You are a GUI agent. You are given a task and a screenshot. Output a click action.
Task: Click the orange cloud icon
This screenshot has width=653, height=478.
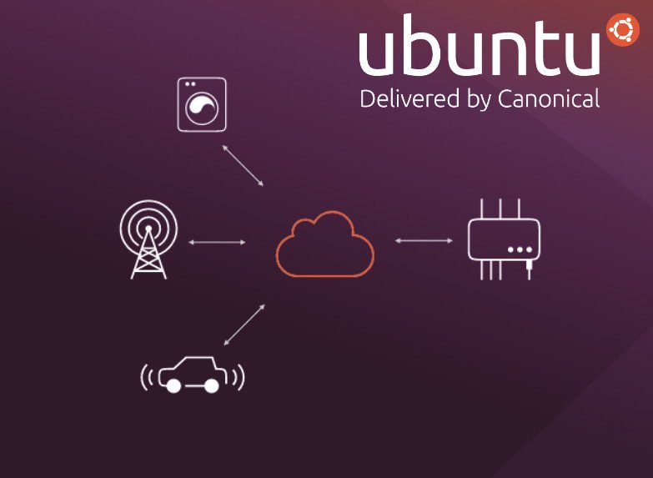coord(324,244)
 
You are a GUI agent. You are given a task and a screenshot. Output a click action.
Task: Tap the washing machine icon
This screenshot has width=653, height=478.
coord(202,104)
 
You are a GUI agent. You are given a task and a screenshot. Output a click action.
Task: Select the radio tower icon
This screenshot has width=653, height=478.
coord(148,239)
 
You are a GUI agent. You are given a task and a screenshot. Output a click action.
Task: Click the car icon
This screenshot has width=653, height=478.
coord(192,375)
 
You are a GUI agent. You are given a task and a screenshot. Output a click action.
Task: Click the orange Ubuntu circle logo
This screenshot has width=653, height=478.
coord(622,30)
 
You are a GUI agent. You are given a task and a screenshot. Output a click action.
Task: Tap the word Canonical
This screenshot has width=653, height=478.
coord(548,98)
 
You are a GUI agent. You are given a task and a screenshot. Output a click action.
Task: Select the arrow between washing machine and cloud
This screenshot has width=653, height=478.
coord(244,165)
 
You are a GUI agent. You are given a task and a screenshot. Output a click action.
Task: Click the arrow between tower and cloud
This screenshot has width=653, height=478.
coord(217,242)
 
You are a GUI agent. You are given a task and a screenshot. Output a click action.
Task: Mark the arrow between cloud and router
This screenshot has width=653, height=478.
coord(424,240)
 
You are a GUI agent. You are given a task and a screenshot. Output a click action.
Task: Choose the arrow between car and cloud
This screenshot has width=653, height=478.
coord(245,325)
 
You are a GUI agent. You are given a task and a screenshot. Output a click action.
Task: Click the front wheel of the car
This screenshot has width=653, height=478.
coord(173,385)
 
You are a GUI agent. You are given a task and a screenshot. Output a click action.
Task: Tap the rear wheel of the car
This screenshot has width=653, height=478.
coord(212,385)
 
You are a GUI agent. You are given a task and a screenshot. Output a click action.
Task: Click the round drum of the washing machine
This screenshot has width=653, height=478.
coord(203,109)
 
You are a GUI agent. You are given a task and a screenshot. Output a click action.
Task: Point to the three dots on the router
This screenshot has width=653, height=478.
coord(520,249)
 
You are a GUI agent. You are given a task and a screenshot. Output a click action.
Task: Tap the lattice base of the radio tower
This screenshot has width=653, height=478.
coord(148,260)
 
